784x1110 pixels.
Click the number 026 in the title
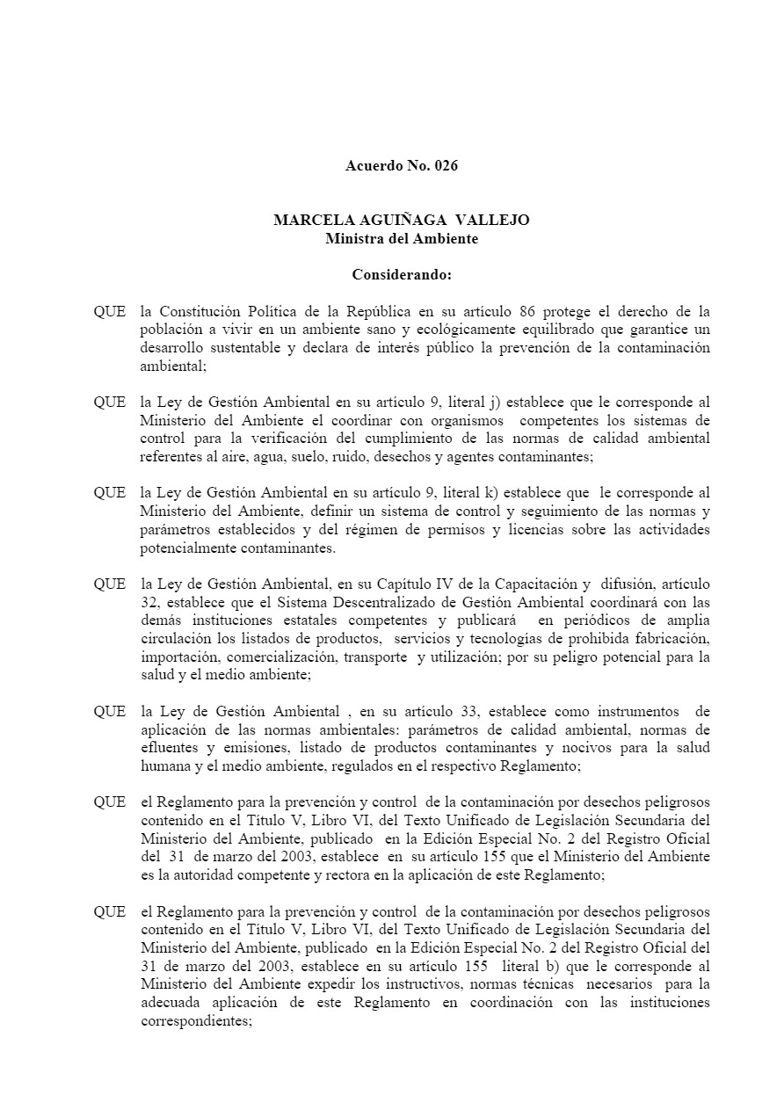[446, 165]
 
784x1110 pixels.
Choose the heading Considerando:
[402, 274]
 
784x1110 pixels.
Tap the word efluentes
[168, 748]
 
